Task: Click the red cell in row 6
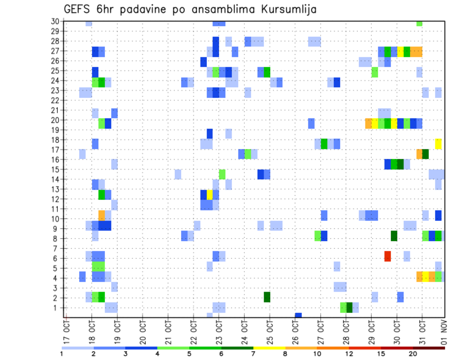(387, 256)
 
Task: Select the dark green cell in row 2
(267, 297)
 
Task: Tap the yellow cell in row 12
(210, 195)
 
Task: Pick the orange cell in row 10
(101, 215)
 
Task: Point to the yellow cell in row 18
(438, 144)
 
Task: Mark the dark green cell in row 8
(394, 236)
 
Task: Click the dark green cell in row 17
(426, 154)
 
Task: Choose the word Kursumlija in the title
(288, 9)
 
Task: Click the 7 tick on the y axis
(57, 248)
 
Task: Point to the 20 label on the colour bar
(413, 354)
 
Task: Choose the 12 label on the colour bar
(349, 354)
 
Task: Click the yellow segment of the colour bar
(269, 348)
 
